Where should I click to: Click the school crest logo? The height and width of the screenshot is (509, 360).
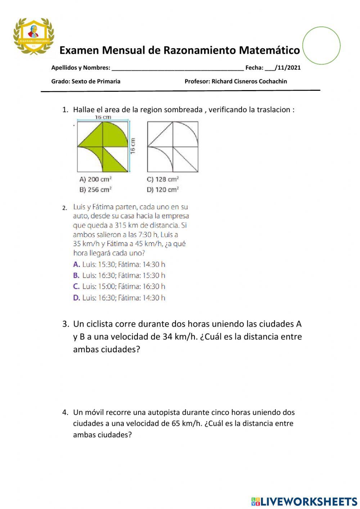(33, 36)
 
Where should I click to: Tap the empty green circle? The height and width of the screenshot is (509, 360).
(321, 46)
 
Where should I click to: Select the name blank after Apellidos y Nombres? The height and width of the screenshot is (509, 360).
(177, 67)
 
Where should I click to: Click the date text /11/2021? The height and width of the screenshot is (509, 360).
(287, 67)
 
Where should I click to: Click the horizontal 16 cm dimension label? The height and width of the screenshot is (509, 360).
(103, 117)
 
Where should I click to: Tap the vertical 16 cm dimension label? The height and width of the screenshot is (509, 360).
(133, 146)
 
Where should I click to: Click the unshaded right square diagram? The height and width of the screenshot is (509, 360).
(173, 147)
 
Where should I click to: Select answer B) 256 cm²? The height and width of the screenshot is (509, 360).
(95, 189)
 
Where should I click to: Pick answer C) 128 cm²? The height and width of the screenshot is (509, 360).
(163, 179)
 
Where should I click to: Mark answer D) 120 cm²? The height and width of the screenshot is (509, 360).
(163, 189)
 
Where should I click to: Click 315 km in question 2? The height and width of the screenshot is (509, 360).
(126, 226)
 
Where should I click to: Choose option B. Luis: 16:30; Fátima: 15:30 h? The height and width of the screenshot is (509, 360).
(119, 276)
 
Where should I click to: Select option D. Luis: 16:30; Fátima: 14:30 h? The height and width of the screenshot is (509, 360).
(119, 298)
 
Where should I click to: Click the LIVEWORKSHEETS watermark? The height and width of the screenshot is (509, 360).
(304, 501)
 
